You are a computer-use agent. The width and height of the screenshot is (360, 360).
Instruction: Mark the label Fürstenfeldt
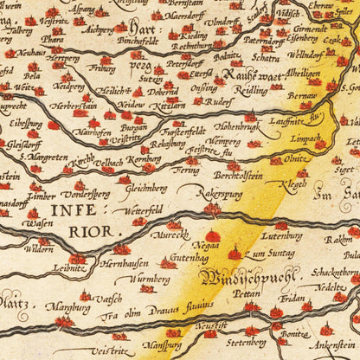[x=184, y=132]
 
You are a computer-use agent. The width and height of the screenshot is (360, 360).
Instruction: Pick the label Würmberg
[x=150, y=280]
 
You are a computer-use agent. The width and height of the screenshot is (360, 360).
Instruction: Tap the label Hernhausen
[x=127, y=263]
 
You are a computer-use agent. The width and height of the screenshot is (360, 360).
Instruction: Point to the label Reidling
[x=250, y=89]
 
